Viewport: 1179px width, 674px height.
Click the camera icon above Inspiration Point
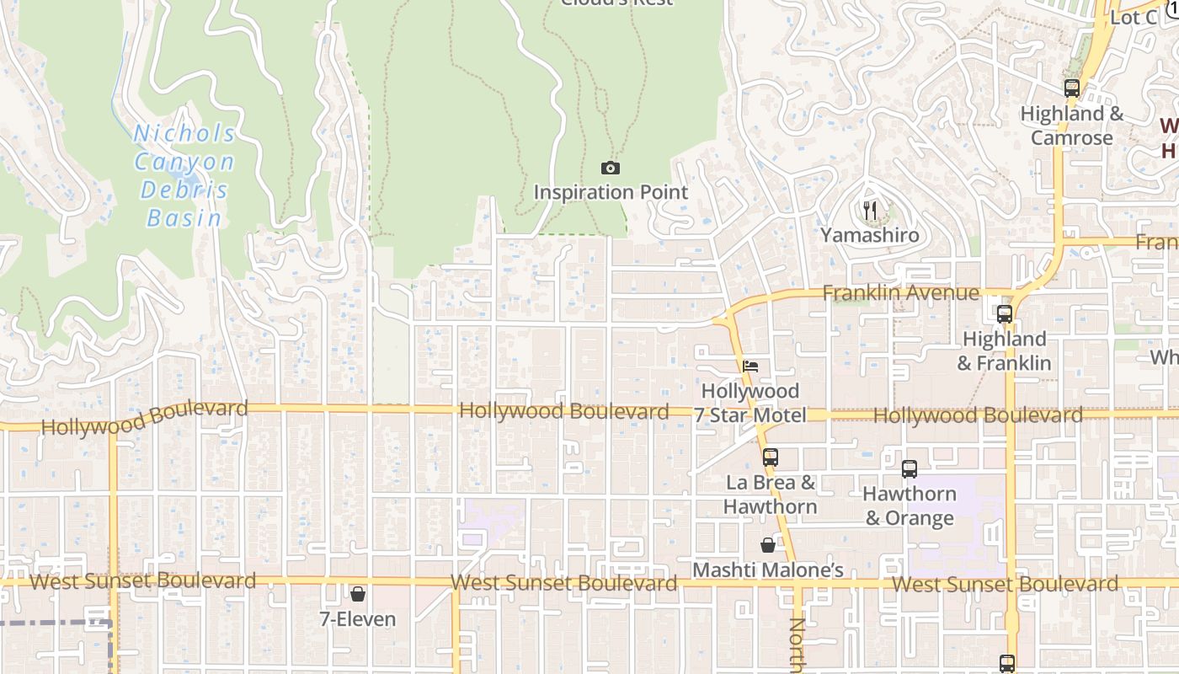point(611,168)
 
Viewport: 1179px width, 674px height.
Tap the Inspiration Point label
point(611,192)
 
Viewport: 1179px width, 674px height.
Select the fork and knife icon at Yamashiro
point(870,211)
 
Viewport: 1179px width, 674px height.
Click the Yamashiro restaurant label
point(870,235)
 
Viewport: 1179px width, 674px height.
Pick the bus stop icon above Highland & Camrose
point(1071,88)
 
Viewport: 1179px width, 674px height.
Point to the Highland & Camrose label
point(1071,126)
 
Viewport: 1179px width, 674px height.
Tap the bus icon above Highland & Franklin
point(1004,314)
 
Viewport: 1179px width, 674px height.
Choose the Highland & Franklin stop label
point(1004,351)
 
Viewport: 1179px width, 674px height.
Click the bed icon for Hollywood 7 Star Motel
point(750,366)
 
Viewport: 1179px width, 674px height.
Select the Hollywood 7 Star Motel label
point(750,403)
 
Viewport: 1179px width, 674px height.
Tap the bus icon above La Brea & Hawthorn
point(770,457)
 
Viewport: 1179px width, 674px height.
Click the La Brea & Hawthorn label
point(770,495)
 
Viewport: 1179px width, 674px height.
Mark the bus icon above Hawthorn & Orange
point(910,469)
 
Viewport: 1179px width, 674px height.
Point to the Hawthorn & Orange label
point(910,505)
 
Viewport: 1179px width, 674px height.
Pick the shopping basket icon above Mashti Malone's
point(768,545)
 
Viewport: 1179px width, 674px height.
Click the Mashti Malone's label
point(768,570)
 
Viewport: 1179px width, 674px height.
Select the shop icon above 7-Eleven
point(358,594)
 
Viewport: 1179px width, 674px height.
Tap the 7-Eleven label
point(358,619)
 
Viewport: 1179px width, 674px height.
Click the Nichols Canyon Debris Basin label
point(184,175)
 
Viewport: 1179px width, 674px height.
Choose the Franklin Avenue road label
point(900,293)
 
